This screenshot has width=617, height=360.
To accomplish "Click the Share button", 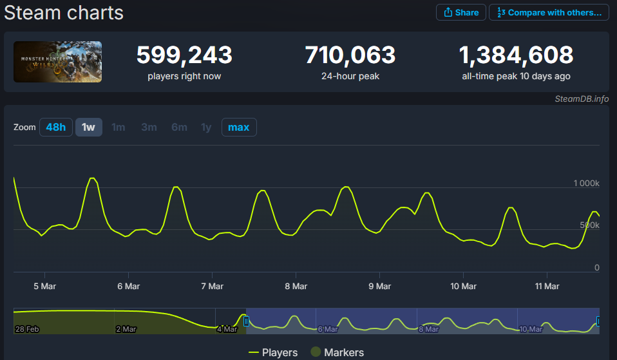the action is pos(460,12).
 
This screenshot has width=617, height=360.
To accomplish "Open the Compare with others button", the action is pos(549,12).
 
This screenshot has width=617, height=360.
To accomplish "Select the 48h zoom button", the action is pos(56,127).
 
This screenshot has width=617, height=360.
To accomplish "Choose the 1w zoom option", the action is pos(88,127).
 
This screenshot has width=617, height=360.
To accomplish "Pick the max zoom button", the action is pos(239,127).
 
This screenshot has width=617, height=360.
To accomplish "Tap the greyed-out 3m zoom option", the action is pos(149,127).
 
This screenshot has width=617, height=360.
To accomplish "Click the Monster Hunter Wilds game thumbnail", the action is pos(57,62).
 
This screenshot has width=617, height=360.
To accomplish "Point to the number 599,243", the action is pos(184,55).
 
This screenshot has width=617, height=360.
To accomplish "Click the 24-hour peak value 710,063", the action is pos(350,55).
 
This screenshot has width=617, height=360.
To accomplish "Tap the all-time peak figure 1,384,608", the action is pos(516,55).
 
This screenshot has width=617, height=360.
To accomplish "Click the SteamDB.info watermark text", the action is pos(582,99).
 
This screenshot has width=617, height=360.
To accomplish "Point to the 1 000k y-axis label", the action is pos(586,183).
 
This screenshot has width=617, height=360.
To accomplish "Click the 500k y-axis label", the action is pos(589,225).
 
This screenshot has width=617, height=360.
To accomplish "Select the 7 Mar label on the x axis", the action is pos(212,286).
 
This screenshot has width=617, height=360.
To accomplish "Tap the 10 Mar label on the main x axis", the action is pos(463,286).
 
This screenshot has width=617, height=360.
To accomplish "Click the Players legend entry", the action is pos(273,352).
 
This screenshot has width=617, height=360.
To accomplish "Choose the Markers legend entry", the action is pos(337,352).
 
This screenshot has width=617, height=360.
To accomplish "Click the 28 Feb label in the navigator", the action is pos(27,329).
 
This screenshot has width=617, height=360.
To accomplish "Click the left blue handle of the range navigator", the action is pos(246,321).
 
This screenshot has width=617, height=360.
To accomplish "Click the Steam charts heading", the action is pos(64,13).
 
